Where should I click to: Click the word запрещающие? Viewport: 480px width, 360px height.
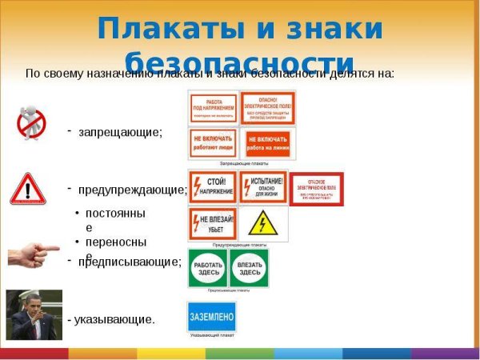(120, 132)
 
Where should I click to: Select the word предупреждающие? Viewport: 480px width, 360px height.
(133, 190)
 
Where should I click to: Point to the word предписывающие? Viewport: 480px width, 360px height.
(130, 262)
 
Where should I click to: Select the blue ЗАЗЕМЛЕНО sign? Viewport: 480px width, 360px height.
(211, 317)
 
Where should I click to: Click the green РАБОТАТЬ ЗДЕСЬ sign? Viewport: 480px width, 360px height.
(208, 268)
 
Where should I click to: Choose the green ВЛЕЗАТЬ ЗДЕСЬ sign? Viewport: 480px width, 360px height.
(248, 268)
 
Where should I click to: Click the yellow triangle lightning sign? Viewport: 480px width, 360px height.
(262, 223)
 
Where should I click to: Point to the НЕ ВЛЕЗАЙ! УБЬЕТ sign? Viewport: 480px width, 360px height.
(213, 223)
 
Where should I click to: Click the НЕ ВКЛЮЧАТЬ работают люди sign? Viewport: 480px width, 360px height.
(214, 143)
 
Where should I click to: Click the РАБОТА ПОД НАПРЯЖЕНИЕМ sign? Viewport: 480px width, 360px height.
(214, 107)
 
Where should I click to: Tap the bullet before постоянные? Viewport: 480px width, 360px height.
(77, 214)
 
